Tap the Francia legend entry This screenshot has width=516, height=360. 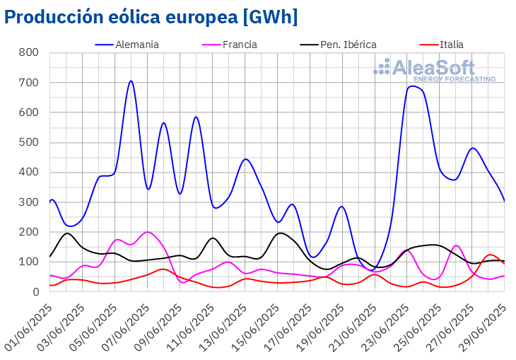(x=240, y=45)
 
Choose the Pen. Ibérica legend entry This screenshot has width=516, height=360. (x=348, y=45)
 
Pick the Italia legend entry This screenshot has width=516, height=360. (x=452, y=45)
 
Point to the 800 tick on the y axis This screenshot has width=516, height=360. (x=28, y=53)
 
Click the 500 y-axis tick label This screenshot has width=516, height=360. (x=28, y=142)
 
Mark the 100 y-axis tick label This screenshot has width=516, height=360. (x=28, y=262)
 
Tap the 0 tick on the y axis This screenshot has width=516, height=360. (x=34, y=291)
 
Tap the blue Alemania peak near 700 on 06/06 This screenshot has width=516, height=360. (x=131, y=81)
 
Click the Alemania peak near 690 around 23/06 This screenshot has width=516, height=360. (x=412, y=86)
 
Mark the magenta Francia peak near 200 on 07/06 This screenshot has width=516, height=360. (x=147, y=232)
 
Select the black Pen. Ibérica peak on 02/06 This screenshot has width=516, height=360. (x=67, y=233)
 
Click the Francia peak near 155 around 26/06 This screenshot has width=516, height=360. (x=456, y=245)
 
